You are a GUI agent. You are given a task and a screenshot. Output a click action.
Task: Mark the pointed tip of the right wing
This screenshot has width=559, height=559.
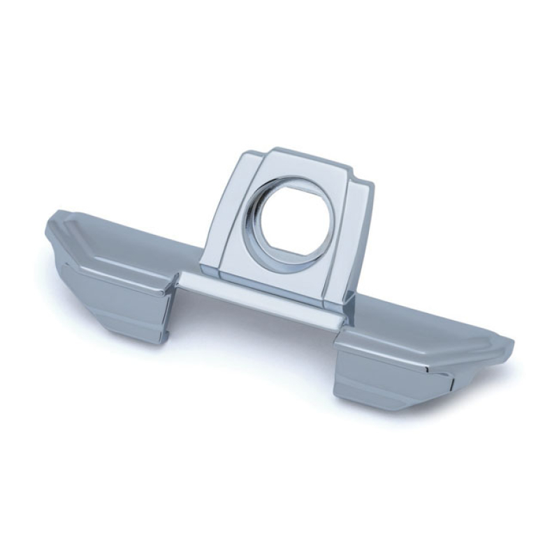click(512, 344)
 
